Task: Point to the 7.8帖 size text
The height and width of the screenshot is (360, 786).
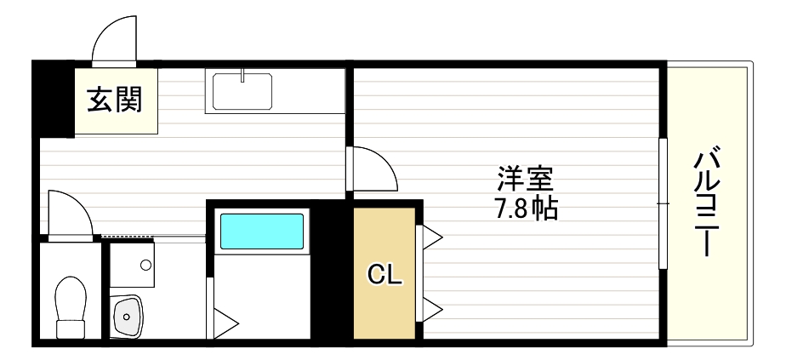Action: pos(525,208)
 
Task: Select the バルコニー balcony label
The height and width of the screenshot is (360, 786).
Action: pos(708,204)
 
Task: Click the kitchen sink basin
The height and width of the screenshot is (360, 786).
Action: pos(242,91)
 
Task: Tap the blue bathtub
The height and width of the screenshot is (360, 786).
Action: pos(262,230)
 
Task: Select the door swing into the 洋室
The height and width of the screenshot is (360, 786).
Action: pos(374,170)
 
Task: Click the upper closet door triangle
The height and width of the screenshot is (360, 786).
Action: pos(430,237)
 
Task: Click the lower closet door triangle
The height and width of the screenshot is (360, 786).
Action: pos(430,308)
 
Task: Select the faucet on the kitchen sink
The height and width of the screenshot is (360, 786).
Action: pos(242,77)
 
